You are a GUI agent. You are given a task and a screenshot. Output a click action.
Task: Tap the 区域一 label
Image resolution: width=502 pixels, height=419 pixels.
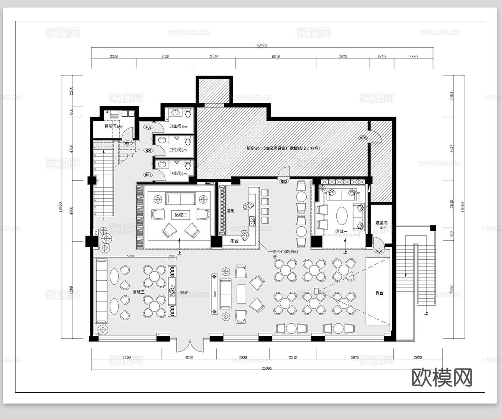coord(342,231)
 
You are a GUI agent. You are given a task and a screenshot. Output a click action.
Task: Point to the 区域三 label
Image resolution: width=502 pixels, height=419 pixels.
coord(138,292)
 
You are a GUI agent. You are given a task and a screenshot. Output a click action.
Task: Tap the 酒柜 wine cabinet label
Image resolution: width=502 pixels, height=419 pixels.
coord(230,211)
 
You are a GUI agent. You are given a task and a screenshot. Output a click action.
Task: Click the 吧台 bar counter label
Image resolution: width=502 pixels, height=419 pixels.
coord(235,241)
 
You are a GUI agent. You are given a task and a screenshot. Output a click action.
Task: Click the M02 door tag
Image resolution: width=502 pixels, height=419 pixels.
coord(148,127)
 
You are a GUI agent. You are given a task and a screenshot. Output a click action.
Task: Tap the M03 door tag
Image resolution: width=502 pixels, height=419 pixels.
coord(284,182)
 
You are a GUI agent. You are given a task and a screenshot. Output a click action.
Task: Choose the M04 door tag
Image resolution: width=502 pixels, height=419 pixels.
coord(379,251)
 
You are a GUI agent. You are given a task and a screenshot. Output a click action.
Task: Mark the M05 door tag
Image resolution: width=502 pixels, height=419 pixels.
coord(363,138)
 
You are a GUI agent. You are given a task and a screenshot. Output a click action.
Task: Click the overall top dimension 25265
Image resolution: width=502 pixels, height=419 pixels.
coord(262,46)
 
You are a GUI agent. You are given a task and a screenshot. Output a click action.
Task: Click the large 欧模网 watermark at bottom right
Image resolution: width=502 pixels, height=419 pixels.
coord(442,377)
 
